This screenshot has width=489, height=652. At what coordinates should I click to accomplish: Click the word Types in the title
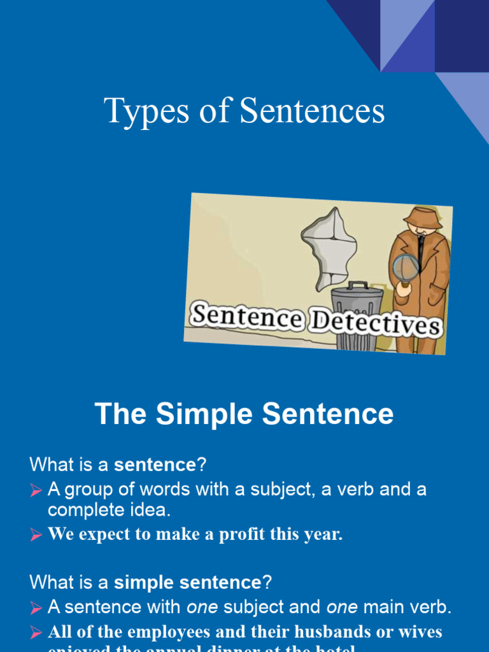(x=138, y=111)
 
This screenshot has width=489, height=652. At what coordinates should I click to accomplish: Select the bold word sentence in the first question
(x=155, y=465)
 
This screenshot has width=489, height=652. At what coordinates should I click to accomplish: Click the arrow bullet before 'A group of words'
(x=36, y=490)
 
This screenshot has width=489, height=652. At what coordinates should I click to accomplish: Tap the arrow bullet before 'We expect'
(x=36, y=535)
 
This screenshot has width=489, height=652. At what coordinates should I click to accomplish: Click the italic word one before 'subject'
(x=202, y=607)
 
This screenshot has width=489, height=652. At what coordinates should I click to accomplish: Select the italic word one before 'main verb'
(x=342, y=607)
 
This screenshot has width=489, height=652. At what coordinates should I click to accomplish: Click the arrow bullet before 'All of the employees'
(x=36, y=634)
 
